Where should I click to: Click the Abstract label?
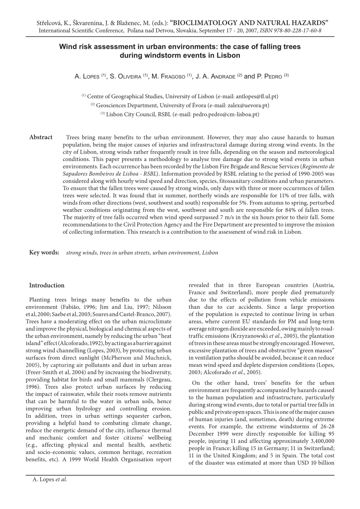[x=41, y=137]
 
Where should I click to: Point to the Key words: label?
[x=44, y=253]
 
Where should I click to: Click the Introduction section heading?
[x=47, y=285]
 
